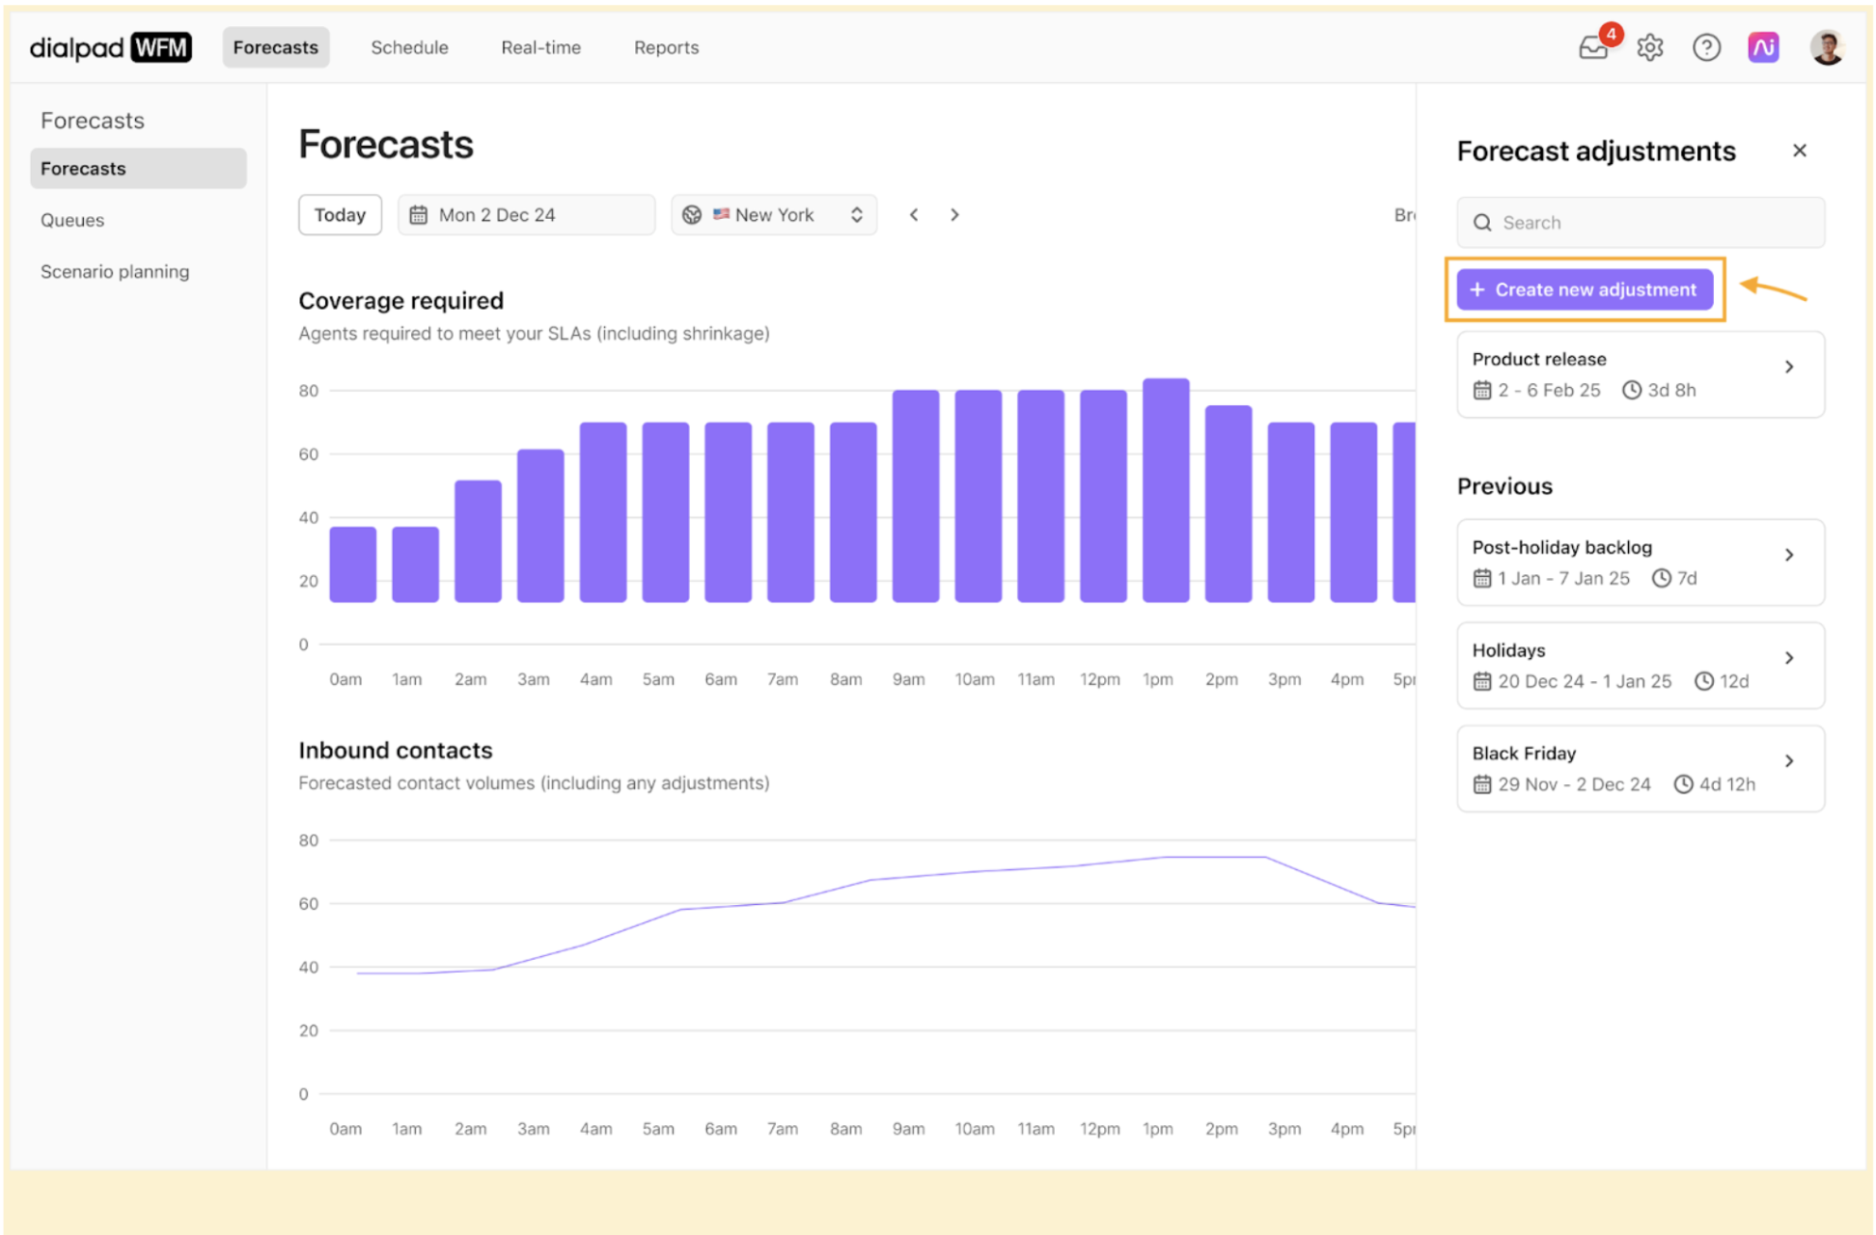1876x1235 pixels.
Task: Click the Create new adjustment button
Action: point(1584,289)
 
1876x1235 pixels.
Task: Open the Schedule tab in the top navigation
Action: point(409,47)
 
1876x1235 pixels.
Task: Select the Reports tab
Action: point(666,47)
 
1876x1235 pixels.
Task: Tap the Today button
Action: point(340,214)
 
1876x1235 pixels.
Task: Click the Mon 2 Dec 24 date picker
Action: point(526,214)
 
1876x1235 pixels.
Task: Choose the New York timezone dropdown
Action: point(773,214)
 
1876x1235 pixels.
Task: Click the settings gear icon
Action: point(1650,47)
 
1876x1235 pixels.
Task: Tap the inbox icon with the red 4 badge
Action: point(1594,47)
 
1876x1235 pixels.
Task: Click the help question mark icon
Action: point(1706,47)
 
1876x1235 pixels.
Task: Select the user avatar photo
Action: point(1826,47)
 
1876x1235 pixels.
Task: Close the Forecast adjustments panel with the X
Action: point(1799,151)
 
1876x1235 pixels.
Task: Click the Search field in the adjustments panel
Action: point(1641,223)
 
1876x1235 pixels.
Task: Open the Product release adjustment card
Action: point(1640,374)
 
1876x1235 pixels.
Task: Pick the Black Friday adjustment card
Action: point(1640,768)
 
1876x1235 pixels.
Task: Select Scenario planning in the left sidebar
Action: point(115,272)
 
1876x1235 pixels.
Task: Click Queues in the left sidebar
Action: point(72,220)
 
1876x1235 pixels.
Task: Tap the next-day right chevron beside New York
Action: point(954,214)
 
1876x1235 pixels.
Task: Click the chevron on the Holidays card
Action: point(1789,658)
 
